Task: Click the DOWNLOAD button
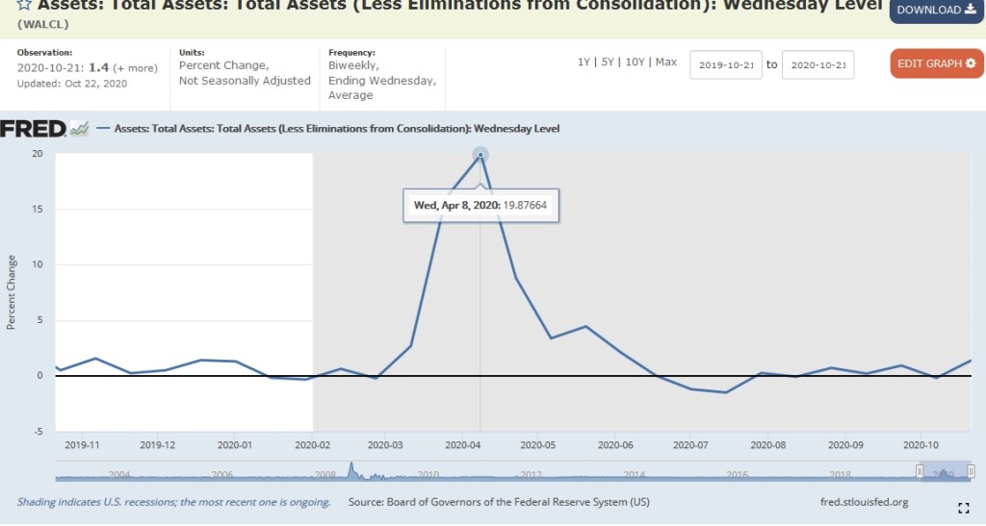tap(936, 11)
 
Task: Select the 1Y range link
tap(584, 63)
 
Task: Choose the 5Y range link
tap(607, 63)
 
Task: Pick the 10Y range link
tap(635, 63)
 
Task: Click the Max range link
tap(666, 63)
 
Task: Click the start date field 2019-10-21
tap(726, 64)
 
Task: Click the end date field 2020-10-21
tap(817, 64)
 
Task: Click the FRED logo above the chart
tap(34, 129)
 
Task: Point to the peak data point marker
tap(480, 155)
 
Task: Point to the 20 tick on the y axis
tap(37, 154)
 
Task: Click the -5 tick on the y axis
tap(38, 432)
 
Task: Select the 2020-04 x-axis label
tap(463, 446)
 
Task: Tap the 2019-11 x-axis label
tap(82, 446)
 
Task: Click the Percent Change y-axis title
tap(12, 292)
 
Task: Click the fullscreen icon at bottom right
tap(963, 508)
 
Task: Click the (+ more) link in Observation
tap(135, 68)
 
